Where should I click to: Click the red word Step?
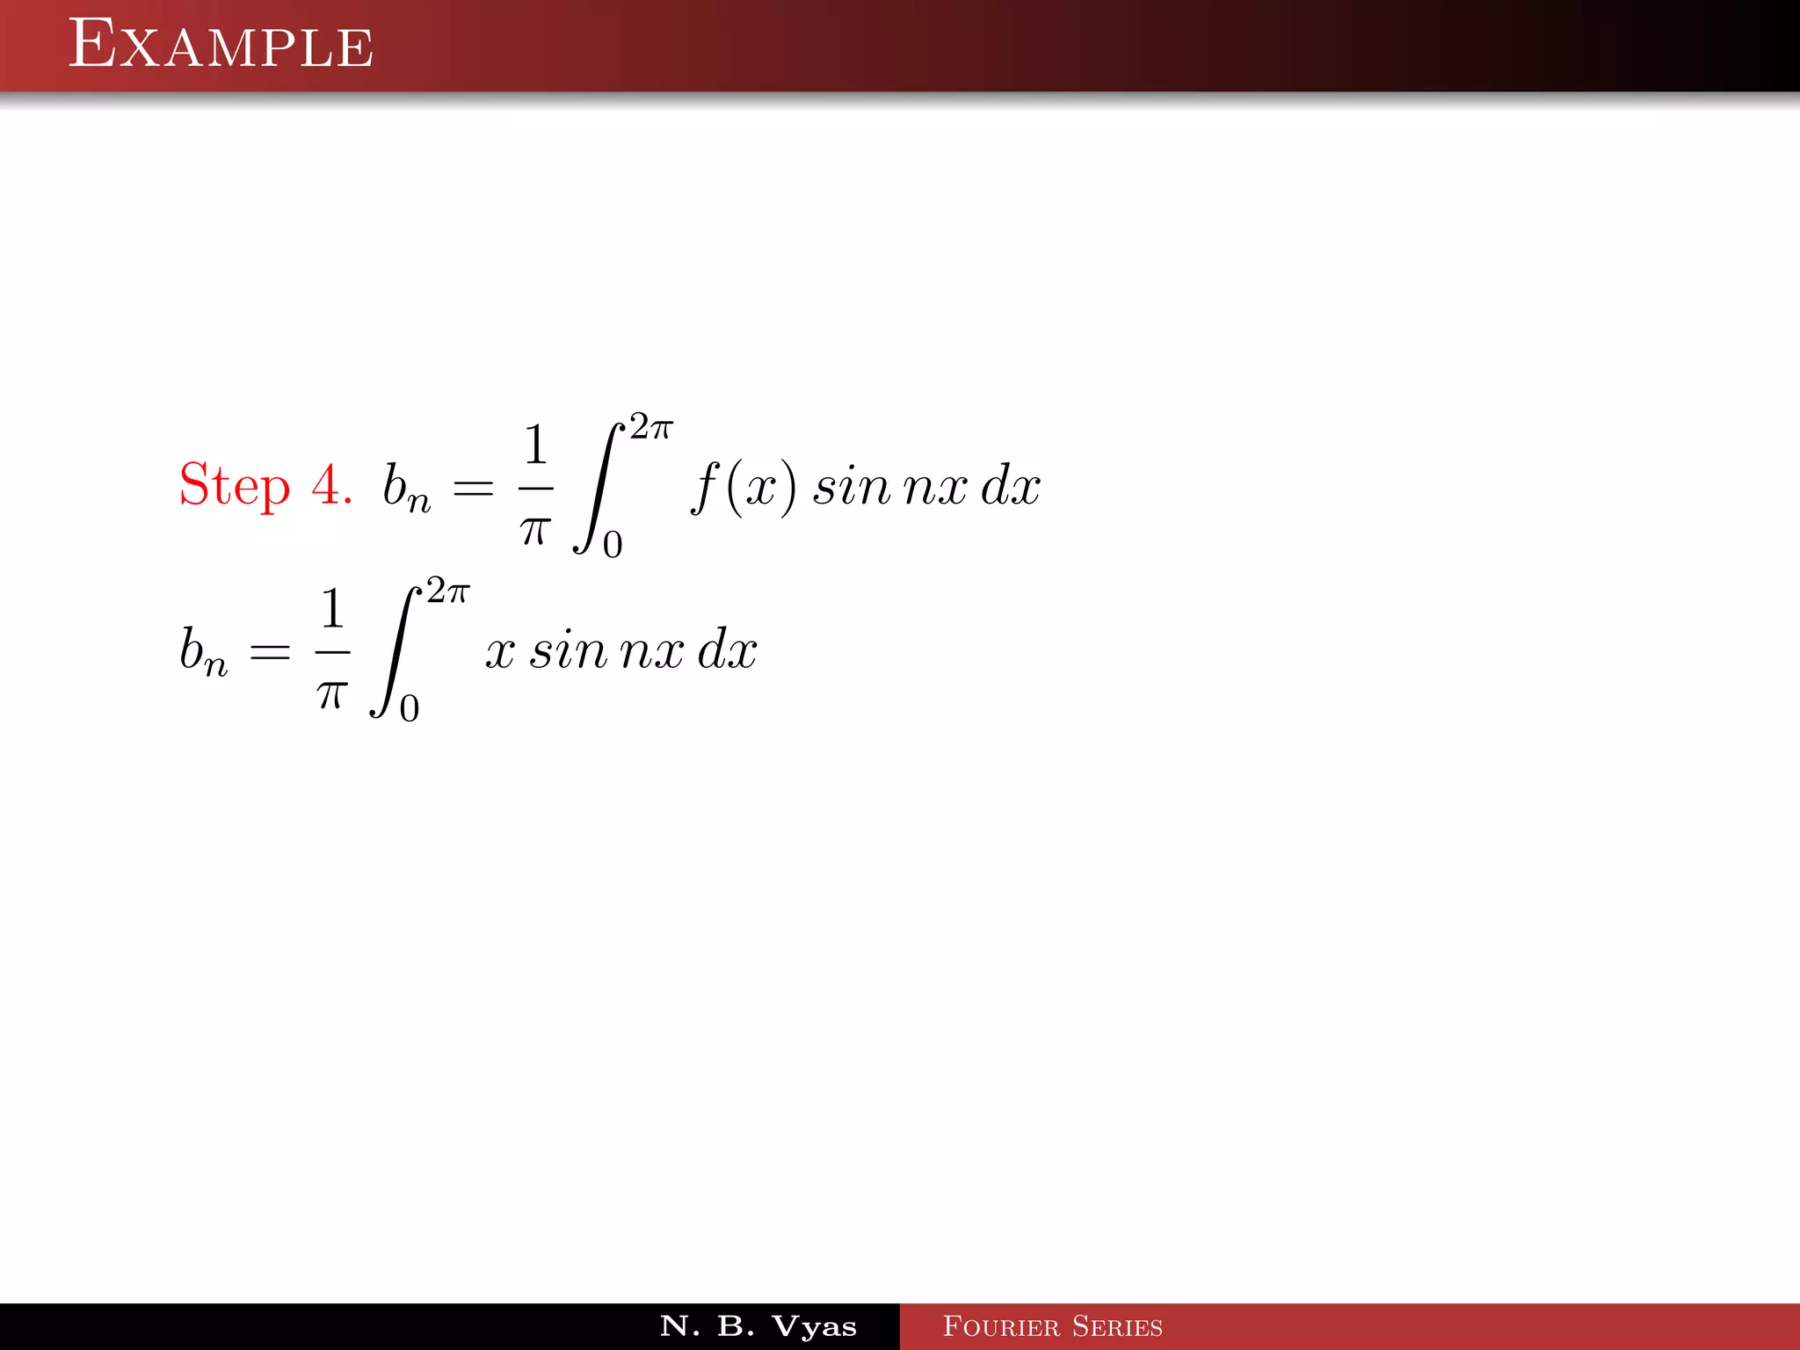pos(234,486)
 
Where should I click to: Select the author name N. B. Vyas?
pos(758,1326)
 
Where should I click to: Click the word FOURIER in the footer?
pos(1001,1326)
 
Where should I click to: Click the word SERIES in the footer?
pos(1117,1326)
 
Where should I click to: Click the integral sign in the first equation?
pos(598,488)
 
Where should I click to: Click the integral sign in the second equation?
pos(395,652)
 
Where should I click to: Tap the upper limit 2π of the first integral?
pos(651,427)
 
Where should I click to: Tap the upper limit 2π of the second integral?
pos(448,592)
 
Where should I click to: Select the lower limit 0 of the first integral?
pos(613,545)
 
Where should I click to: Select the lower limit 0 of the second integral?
pos(410,708)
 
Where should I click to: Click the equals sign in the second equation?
pos(270,652)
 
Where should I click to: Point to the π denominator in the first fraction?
pos(535,530)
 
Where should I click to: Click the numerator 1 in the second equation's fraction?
pos(332,608)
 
